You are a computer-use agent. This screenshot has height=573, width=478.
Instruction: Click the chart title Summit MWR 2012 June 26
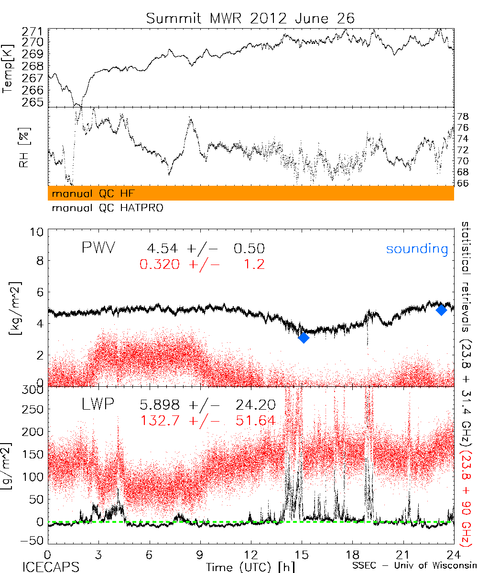(x=250, y=19)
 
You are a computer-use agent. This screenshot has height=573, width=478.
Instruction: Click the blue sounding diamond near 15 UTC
(x=303, y=338)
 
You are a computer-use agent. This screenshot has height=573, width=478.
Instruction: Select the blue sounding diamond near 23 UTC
(x=441, y=309)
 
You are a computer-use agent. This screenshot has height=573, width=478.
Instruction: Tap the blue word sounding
(x=417, y=249)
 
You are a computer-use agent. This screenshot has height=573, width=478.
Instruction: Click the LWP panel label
(x=98, y=405)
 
